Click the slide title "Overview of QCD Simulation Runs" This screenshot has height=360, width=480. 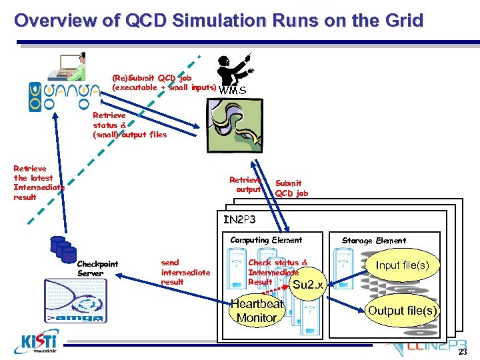tap(219, 21)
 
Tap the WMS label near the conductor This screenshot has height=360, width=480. tap(232, 90)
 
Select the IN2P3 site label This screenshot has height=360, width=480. tap(239, 219)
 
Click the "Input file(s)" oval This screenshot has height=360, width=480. tap(402, 265)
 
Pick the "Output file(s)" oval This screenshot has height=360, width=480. tap(403, 311)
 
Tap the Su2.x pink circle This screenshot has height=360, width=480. tap(307, 285)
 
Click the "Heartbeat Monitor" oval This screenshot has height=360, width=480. tap(257, 311)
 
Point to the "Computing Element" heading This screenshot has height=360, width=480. tap(266, 240)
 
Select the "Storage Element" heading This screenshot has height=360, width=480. tap(373, 241)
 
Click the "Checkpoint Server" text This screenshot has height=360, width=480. tap(97, 269)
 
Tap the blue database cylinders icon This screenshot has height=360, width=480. tap(65, 249)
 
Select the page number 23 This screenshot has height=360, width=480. tap(463, 353)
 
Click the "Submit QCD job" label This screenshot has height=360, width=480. tap(291, 188)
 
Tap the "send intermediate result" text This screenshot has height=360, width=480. tap(185, 272)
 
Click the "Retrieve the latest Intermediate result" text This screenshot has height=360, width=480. tap(39, 183)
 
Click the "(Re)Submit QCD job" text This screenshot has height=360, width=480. tap(163, 83)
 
